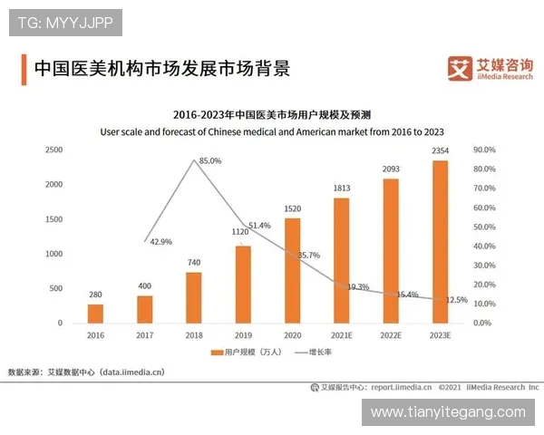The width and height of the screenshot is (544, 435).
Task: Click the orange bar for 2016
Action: [95, 313]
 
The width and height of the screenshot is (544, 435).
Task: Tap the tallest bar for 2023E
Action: [440, 241]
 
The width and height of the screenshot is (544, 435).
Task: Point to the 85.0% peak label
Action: [210, 161]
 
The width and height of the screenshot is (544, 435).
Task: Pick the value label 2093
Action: [391, 169]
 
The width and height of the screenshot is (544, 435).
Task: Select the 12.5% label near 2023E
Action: [457, 300]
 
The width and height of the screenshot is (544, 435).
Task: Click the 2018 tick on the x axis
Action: [194, 334]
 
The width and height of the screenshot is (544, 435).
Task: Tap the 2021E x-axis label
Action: [342, 334]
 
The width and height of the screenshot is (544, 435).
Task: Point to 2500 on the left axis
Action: [53, 150]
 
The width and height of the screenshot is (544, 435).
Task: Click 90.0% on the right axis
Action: [484, 150]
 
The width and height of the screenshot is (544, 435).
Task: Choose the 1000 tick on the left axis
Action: [53, 254]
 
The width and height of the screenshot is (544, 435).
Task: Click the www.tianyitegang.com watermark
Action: [448, 412]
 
